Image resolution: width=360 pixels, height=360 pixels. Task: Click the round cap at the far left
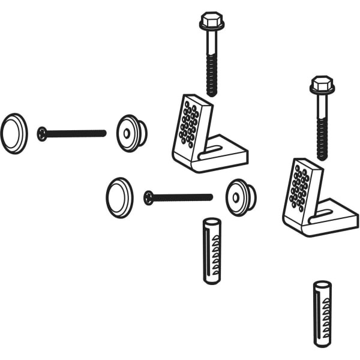(14, 133)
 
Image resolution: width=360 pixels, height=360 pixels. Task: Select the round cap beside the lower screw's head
(119, 197)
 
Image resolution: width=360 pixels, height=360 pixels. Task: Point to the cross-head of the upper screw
(42, 133)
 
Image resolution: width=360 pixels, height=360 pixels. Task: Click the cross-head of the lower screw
(149, 197)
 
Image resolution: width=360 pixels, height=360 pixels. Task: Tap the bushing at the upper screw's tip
(131, 133)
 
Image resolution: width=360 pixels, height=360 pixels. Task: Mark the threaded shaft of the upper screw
(75, 133)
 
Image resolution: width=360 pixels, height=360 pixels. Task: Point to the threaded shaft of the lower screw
(183, 197)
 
